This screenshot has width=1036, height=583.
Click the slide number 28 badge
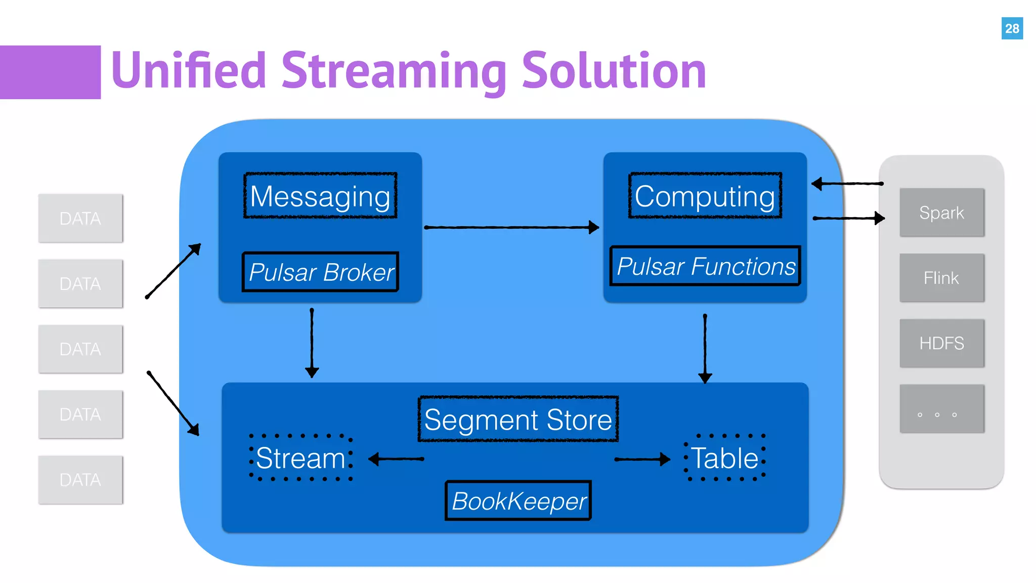[x=1012, y=28]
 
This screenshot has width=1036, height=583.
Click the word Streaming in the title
[x=394, y=71]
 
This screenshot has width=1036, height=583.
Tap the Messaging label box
[x=320, y=196]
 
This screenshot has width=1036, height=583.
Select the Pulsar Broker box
[x=321, y=272]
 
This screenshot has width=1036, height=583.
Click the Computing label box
[x=705, y=196]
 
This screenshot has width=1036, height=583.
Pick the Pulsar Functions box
[x=705, y=266]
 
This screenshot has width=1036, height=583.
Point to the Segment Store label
[x=518, y=419]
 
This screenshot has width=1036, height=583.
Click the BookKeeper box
[x=518, y=501]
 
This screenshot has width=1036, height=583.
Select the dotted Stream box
[x=301, y=457]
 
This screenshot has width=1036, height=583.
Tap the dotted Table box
[x=724, y=457]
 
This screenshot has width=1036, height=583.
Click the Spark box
[x=941, y=213]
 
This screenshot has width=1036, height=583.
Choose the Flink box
[x=941, y=278]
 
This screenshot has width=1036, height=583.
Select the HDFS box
[x=941, y=343]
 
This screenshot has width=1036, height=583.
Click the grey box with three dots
[x=941, y=409]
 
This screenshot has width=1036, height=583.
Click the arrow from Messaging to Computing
[x=511, y=228]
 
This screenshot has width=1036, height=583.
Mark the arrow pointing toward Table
[x=641, y=459]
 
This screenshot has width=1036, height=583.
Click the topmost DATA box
[x=80, y=218]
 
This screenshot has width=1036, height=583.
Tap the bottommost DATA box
[x=80, y=480]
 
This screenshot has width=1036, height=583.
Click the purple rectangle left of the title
[x=50, y=72]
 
